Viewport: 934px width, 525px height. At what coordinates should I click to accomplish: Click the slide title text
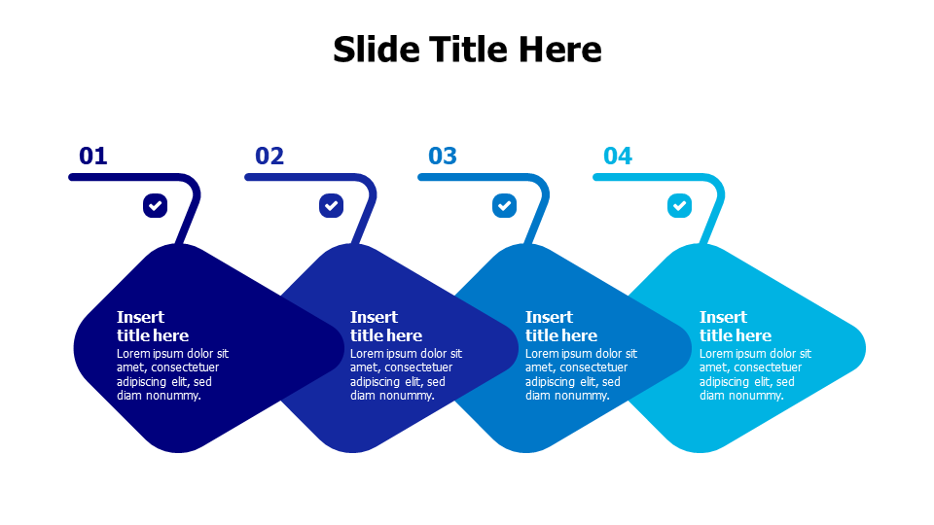(467, 49)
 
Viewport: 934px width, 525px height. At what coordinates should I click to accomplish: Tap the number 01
(93, 156)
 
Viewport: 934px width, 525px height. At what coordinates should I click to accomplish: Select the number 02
(269, 156)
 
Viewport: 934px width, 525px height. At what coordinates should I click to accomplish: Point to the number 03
(443, 156)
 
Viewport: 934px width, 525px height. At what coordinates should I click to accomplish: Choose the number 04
(618, 156)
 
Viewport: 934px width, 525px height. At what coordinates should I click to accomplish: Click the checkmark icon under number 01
(155, 205)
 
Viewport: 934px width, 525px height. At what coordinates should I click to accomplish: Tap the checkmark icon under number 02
(331, 205)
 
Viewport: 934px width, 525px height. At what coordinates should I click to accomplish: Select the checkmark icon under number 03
(504, 205)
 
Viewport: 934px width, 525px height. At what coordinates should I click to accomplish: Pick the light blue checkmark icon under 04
(679, 205)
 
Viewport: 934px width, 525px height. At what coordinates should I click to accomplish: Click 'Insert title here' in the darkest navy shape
(152, 326)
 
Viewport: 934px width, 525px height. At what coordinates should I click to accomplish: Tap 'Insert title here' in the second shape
(385, 326)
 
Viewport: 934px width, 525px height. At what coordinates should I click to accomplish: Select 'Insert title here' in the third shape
(560, 326)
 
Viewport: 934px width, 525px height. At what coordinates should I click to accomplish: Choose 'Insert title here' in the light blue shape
(735, 326)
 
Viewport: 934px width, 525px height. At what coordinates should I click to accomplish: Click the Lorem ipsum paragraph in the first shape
(172, 374)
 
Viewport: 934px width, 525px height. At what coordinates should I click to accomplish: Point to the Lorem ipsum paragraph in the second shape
(406, 374)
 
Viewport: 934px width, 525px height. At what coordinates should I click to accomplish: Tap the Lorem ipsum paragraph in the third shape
(581, 374)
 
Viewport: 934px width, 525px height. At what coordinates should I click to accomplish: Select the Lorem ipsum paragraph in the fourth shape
(755, 374)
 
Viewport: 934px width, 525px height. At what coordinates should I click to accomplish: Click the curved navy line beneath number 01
(126, 177)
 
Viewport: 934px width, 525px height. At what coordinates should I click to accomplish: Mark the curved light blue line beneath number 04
(652, 177)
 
